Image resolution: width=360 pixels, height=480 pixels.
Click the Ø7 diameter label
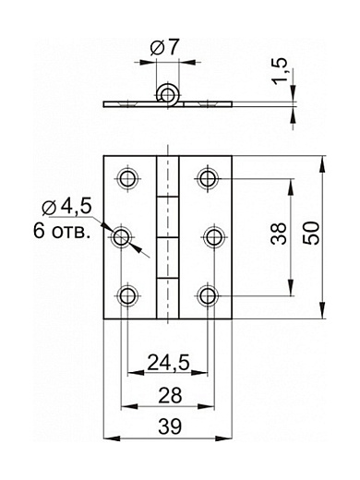tap(164, 47)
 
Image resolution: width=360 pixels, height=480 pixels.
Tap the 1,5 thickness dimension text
tap(280, 71)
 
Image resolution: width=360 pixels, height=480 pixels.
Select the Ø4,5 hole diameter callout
tap(67, 206)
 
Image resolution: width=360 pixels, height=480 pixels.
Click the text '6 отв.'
tap(62, 231)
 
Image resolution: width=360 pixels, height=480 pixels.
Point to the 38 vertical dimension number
tap(279, 234)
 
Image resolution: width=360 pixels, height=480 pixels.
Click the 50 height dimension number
tap(311, 234)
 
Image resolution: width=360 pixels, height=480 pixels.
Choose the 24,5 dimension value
tap(168, 362)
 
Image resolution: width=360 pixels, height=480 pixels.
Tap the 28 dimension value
tap(170, 395)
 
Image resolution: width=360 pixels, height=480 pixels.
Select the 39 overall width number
tap(170, 426)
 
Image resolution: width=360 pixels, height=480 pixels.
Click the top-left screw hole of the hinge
tap(127, 178)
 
